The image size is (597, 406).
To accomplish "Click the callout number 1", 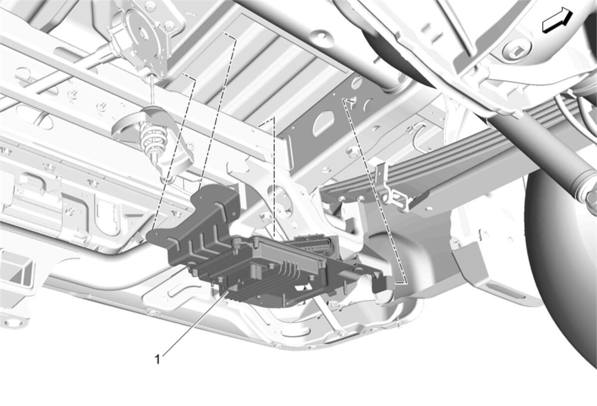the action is pyautogui.click(x=157, y=359).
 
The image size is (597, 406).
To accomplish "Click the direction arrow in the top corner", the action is pyautogui.click(x=557, y=21).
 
